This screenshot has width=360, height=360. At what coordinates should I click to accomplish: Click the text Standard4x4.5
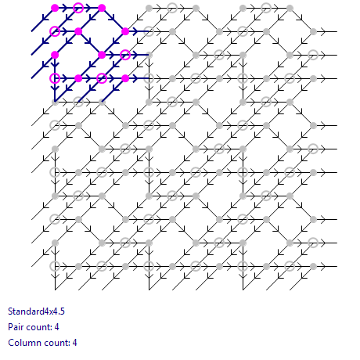[36, 311]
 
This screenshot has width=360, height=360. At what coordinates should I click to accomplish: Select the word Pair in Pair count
[16, 327]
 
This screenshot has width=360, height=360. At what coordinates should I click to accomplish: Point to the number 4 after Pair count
[56, 327]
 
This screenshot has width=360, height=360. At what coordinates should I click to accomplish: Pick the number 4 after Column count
[74, 343]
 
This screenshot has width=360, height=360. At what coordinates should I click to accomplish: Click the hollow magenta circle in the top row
[78, 8]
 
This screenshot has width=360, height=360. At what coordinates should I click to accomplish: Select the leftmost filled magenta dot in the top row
[55, 8]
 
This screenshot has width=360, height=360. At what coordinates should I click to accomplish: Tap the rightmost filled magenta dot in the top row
[102, 8]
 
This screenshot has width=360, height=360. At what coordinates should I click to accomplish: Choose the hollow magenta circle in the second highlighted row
[55, 31]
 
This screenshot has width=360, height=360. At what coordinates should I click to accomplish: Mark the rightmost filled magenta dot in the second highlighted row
[125, 31]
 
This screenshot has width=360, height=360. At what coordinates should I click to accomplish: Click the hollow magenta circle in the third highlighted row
[125, 55]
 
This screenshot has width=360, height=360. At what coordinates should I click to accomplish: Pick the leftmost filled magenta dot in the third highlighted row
[55, 55]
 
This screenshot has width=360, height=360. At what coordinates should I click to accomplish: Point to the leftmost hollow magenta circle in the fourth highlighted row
[55, 78]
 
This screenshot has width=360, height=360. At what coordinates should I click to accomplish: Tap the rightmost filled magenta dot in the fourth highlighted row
[125, 78]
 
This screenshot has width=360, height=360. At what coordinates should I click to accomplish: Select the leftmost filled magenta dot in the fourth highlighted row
[78, 78]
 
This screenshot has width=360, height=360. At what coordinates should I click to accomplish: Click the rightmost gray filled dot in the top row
[290, 8]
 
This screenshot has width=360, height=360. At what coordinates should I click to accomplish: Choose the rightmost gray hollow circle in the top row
[266, 8]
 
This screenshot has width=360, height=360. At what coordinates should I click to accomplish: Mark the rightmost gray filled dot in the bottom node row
[313, 266]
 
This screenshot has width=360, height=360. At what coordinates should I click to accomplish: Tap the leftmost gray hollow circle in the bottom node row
[55, 266]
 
